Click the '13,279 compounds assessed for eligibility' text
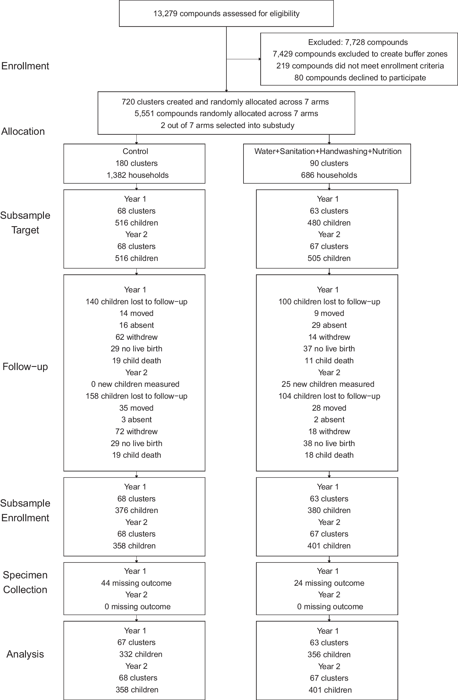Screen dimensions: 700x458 (x=226, y=14)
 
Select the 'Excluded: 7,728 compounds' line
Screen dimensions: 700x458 (x=358, y=42)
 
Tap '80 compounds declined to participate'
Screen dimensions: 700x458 (x=360, y=78)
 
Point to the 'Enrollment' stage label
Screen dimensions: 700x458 (x=25, y=66)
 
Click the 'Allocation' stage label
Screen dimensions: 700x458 (x=23, y=131)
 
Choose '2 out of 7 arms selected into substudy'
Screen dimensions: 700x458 (x=227, y=125)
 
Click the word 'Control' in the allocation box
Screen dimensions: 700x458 (x=135, y=151)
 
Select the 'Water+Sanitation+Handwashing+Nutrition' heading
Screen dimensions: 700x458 (x=328, y=151)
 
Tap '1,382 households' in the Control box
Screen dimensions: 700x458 (x=137, y=175)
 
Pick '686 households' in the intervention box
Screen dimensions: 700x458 (x=329, y=175)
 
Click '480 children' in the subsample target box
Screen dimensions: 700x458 (x=329, y=223)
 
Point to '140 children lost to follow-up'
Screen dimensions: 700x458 (x=136, y=302)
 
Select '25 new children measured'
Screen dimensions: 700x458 (x=328, y=384)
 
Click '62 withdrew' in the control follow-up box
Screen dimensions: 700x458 (x=136, y=337)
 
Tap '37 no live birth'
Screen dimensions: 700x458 (x=329, y=349)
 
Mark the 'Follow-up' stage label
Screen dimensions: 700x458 (x=25, y=367)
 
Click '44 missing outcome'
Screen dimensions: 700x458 (x=136, y=583)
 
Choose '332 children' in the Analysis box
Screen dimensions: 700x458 (x=141, y=654)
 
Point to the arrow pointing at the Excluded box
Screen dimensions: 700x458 (x=259, y=59)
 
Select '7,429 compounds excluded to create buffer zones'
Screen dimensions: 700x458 (x=360, y=54)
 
